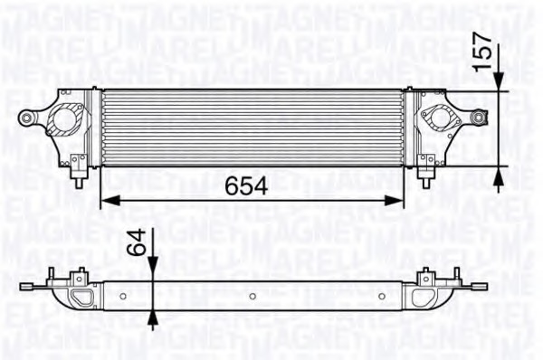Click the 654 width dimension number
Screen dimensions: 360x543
245,185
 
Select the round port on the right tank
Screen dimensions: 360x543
441,118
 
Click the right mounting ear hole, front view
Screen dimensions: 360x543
479,117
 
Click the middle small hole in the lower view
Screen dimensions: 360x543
251,295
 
